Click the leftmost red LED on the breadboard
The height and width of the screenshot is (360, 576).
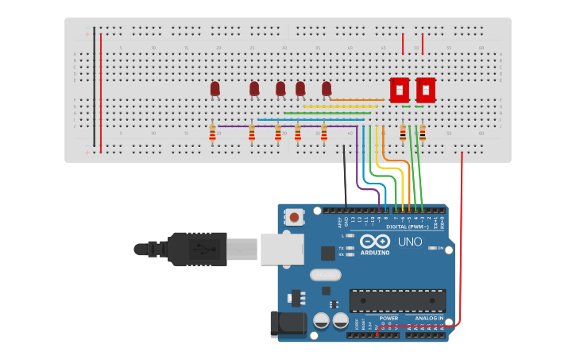coord(215,88)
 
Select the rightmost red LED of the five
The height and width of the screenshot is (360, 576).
coord(327,88)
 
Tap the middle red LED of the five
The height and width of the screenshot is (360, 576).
coord(280,88)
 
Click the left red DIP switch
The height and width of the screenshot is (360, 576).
coord(400,90)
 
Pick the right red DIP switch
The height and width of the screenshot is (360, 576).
coord(426,90)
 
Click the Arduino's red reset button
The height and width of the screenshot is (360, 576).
coord(295,217)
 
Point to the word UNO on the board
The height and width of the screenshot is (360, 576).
coord(410,242)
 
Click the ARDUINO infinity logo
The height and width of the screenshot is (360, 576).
coord(374,241)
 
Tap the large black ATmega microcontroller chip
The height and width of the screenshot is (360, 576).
coord(397,300)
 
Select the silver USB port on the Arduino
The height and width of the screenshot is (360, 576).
coord(281,248)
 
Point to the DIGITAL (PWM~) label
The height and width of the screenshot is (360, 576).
coord(407,226)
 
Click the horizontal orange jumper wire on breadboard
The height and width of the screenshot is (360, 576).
coord(358,100)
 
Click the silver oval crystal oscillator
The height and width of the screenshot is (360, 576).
coord(324,275)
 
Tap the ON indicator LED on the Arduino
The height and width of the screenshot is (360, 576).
coord(432,248)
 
